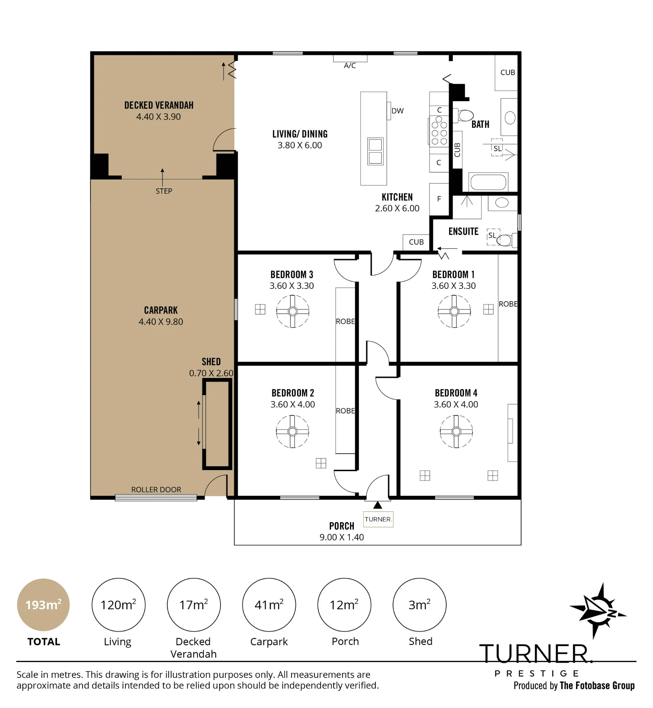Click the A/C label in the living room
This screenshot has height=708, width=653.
350,65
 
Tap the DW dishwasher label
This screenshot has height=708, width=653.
397,111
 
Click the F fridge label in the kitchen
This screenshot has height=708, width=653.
439,199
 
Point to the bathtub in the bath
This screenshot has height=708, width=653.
488,183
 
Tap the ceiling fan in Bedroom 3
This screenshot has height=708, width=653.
293,312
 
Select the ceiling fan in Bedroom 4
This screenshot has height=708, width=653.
456,432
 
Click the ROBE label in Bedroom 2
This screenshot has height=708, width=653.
345,411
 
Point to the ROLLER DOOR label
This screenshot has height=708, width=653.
156,490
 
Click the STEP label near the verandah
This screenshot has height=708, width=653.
164,191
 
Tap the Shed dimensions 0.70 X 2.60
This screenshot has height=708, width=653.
211,373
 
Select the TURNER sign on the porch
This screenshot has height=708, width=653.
378,519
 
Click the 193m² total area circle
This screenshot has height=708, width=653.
44,605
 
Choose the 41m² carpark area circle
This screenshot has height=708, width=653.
269,605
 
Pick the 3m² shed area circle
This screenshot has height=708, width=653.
420,605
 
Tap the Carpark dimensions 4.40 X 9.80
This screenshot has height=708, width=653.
161,322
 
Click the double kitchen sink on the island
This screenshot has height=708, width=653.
375,151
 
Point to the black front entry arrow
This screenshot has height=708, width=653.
378,505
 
